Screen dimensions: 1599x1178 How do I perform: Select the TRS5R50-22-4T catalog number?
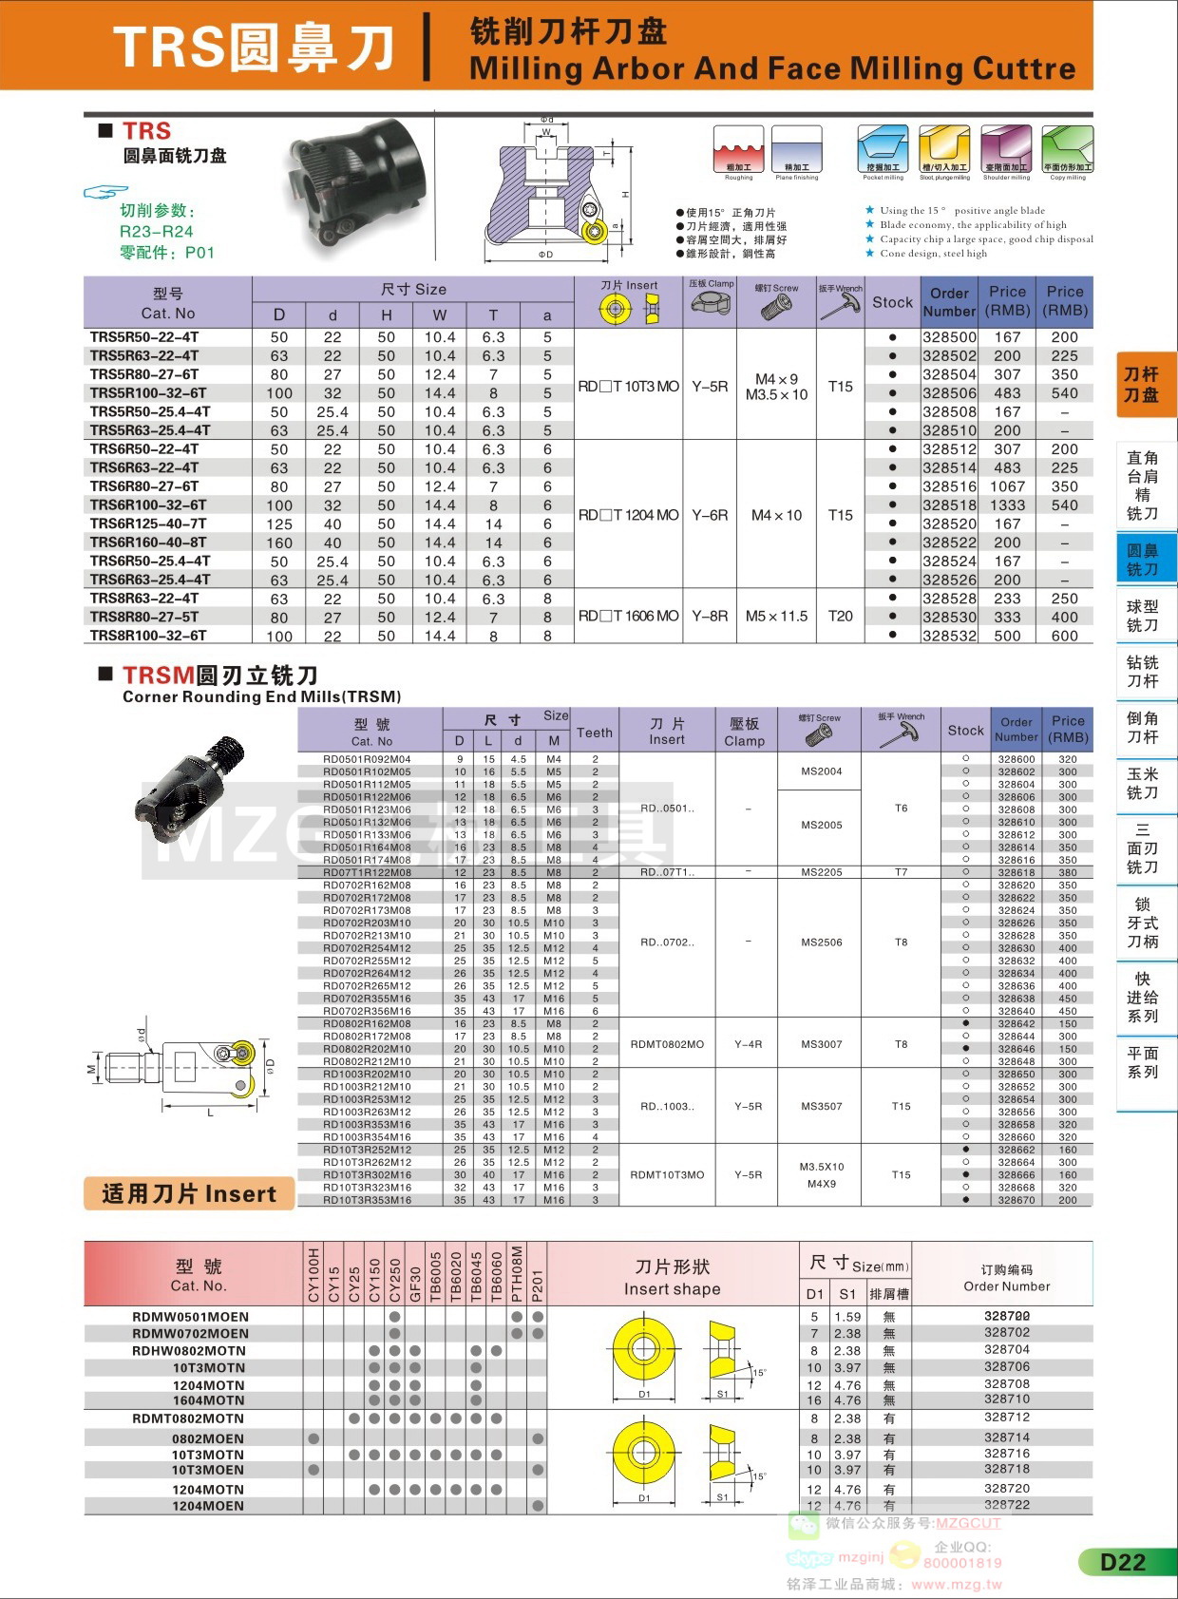144,337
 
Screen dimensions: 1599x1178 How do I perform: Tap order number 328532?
949,636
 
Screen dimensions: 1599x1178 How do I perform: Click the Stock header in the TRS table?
892,302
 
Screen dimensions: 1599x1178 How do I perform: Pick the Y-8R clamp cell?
710,616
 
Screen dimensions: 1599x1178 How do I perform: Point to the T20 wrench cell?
840,616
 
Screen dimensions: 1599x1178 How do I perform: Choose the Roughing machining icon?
738,152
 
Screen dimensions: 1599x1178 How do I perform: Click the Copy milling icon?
1068,152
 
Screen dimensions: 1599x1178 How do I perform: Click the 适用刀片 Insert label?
189,1193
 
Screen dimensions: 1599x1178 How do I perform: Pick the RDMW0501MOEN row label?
190,1317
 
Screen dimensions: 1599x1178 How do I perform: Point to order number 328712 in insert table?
1006,1418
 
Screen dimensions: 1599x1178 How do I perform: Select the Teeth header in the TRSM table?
595,733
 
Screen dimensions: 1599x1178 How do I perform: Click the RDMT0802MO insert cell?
667,1044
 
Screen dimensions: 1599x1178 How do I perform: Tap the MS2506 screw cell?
821,942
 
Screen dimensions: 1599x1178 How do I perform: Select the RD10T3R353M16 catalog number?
367,1200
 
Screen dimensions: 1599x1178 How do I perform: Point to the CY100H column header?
313,1274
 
